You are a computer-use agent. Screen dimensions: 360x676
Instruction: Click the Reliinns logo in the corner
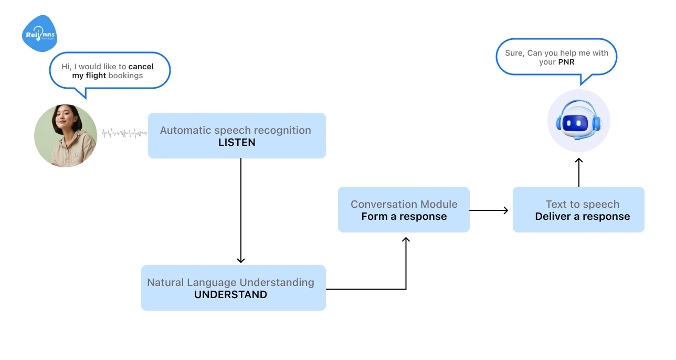[39, 34]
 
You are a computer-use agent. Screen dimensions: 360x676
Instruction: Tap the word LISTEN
[237, 142]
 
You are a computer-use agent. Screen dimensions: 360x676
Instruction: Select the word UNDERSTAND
[230, 294]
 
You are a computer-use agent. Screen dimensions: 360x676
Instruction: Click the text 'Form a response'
[404, 216]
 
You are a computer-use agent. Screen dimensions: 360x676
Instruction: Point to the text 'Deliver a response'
[582, 216]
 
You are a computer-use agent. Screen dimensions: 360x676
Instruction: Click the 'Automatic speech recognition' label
[235, 130]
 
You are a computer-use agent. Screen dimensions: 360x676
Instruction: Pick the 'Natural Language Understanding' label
[230, 282]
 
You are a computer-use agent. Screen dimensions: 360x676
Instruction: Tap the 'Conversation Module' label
[404, 204]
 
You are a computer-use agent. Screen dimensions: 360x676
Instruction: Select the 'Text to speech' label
[582, 204]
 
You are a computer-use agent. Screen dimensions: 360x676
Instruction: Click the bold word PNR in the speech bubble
[566, 62]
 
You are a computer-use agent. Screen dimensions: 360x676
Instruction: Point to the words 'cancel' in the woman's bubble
[141, 67]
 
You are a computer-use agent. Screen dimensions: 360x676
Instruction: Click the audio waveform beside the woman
[124, 133]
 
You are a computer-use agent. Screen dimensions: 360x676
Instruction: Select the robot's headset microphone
[577, 138]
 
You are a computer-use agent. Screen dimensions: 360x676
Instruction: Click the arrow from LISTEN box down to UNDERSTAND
[241, 210]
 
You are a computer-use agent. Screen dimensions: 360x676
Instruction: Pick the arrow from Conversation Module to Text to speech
[489, 210]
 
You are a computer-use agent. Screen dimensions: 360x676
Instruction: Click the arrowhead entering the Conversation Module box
[406, 240]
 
